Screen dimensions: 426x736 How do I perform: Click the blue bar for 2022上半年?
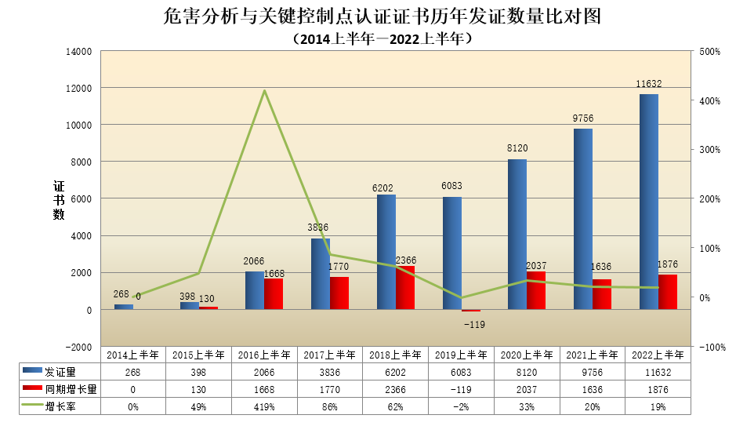click(x=649, y=202)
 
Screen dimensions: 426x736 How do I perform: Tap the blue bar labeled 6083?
click(x=452, y=253)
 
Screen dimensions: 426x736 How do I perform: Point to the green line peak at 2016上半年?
click(x=265, y=90)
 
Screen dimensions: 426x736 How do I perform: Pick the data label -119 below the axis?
click(x=473, y=324)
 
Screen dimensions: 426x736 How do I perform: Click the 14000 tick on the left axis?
click(x=82, y=52)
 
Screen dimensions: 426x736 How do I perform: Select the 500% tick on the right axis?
click(x=709, y=52)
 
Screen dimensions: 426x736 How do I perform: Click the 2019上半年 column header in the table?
click(x=461, y=355)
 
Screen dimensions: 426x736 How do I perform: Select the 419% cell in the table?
click(x=264, y=406)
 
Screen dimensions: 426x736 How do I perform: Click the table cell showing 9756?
click(x=592, y=372)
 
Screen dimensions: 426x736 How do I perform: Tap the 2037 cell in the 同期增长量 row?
click(x=526, y=389)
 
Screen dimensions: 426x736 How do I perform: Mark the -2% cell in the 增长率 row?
click(x=461, y=406)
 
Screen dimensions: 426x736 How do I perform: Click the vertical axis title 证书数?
click(x=59, y=200)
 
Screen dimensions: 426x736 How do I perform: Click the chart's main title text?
click(x=375, y=16)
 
